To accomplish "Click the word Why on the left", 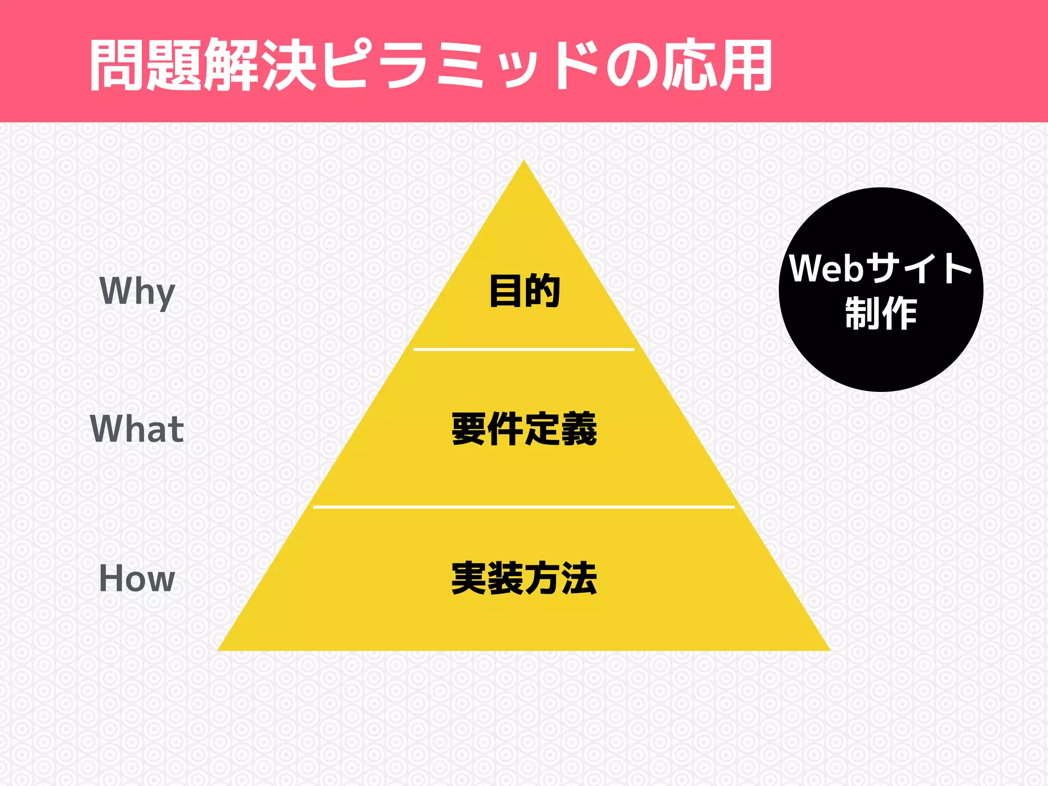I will (137, 291).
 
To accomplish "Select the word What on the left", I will (137, 429).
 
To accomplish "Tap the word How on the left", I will (137, 578).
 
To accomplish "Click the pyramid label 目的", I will (524, 291).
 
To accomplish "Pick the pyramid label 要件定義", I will (524, 429).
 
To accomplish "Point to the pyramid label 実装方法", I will (524, 578).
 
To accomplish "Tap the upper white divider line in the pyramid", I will (523, 350).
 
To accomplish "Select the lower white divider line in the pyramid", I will (523, 507).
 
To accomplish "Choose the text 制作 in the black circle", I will (881, 313).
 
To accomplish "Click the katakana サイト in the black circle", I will (920, 268).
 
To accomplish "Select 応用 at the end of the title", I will (716, 65).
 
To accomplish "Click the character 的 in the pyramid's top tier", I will (542, 291).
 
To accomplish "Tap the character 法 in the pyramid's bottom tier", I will (579, 578).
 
